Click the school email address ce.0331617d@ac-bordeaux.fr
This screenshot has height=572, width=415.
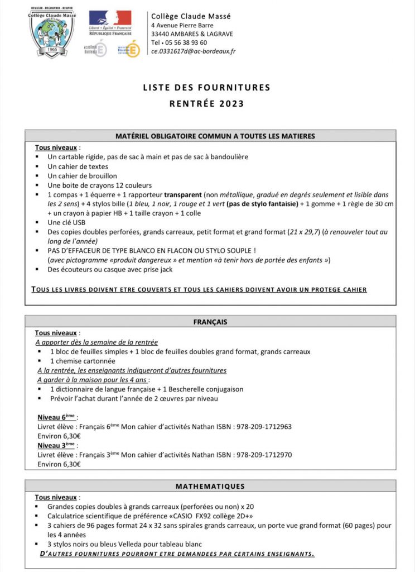[x=193, y=51]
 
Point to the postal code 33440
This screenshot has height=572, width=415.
[x=162, y=34]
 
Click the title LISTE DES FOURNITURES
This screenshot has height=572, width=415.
[x=206, y=87]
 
